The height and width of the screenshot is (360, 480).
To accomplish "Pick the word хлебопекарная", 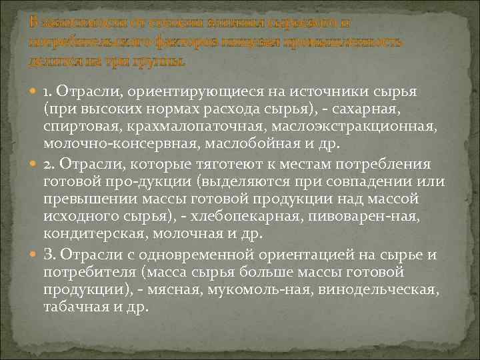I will pyautogui.click(x=243, y=216).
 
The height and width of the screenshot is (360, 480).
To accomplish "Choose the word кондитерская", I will pyautogui.click(x=93, y=233).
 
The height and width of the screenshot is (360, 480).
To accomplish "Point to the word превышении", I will pyautogui.click(x=83, y=199).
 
